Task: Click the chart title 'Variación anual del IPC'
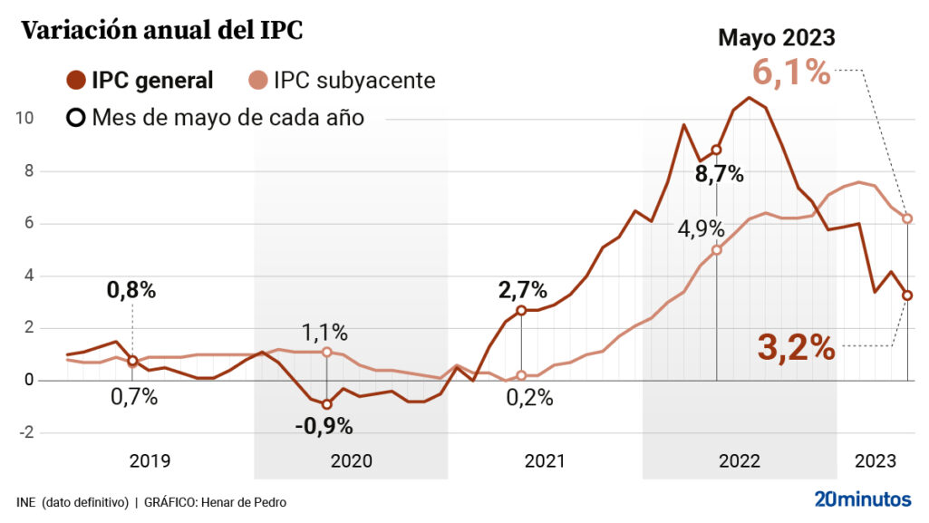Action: click(x=160, y=32)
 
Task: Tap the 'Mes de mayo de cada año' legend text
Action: click(x=227, y=118)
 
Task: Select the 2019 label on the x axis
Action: click(x=150, y=461)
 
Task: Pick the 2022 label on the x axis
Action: click(x=740, y=461)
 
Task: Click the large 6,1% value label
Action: click(x=790, y=72)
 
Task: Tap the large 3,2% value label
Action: click(x=796, y=346)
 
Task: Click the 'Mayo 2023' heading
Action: click(x=776, y=37)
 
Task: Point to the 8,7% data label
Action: click(x=719, y=175)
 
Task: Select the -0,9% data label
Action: click(x=324, y=425)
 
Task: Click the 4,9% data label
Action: click(x=702, y=228)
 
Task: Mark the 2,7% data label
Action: click(x=523, y=291)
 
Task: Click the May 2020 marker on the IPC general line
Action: click(x=326, y=404)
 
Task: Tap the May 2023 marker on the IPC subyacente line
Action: click(x=907, y=218)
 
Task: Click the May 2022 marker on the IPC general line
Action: click(x=716, y=150)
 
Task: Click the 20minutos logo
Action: click(x=863, y=499)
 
